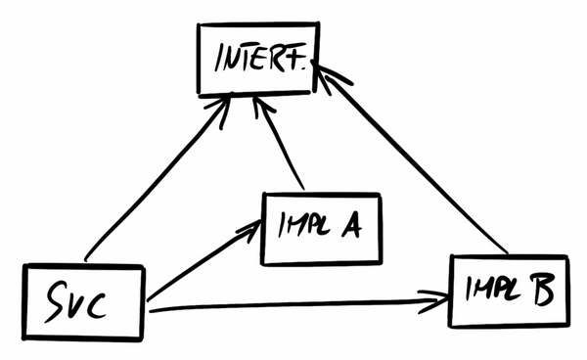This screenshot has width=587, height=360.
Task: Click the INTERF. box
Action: coord(257,60)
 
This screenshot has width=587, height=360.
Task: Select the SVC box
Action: coord(83,301)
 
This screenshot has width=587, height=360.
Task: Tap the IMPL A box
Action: coord(319,228)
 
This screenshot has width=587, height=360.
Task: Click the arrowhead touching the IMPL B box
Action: coord(435,298)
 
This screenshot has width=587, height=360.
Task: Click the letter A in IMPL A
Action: coord(348,228)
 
